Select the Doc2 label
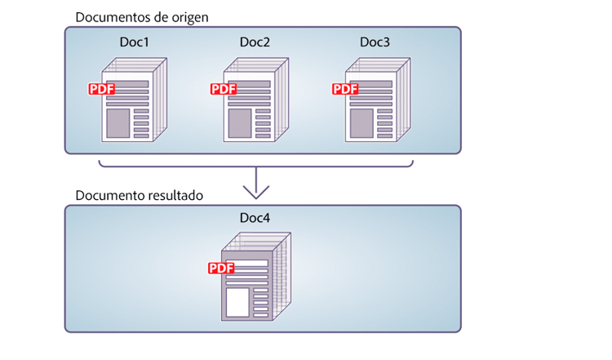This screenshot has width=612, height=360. (255, 42)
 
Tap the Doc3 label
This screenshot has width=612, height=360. (376, 42)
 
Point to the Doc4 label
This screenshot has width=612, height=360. (255, 220)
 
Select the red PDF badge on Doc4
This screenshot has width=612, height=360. (221, 268)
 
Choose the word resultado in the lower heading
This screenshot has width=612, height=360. (174, 196)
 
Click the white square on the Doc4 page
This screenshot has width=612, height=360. (237, 302)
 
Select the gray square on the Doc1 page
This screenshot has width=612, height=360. (118, 123)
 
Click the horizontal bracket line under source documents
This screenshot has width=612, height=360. (255, 168)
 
